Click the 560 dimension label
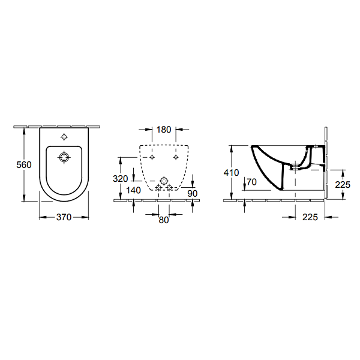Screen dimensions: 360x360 click(x=24, y=164)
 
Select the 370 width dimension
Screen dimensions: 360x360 click(x=64, y=217)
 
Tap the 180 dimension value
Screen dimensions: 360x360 click(x=164, y=130)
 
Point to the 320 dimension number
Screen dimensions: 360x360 click(x=121, y=178)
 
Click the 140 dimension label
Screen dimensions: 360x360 click(x=133, y=190)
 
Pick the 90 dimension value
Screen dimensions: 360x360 click(x=193, y=194)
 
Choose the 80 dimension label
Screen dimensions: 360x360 click(x=164, y=220)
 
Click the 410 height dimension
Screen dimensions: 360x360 click(x=232, y=172)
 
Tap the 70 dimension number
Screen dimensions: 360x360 click(x=251, y=182)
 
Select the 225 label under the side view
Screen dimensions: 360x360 click(x=310, y=217)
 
